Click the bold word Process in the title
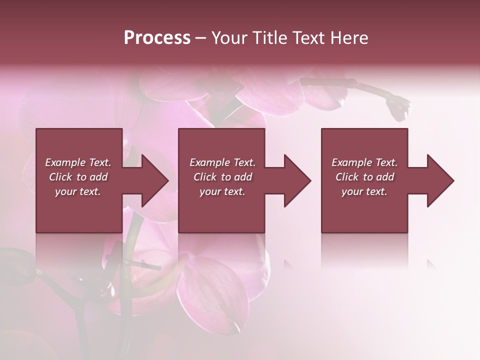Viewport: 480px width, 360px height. point(157,38)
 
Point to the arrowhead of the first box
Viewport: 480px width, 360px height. point(153,180)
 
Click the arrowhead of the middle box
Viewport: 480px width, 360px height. point(295,180)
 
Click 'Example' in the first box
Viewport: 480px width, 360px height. point(65,162)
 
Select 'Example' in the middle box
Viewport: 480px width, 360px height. point(209,162)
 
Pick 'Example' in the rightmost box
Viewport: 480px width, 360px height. point(351,162)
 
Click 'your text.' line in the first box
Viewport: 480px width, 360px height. point(78,191)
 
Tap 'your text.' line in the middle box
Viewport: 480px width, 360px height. point(222,191)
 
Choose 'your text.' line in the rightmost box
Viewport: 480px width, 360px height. point(364,191)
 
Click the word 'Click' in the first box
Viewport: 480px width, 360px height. point(60,177)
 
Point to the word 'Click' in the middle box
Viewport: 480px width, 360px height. point(205,177)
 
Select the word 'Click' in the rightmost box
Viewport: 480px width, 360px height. point(347,177)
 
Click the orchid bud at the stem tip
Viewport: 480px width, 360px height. point(399,107)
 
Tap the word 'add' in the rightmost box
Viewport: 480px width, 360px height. point(385,177)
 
